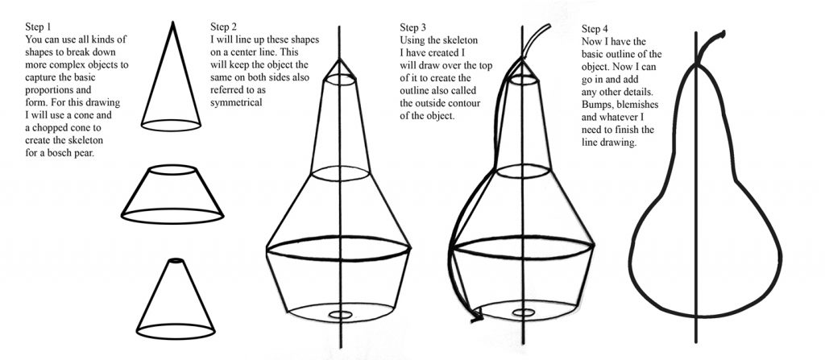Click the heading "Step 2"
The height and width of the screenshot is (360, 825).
coord(223,26)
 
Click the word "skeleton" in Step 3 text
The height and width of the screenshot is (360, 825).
coord(462,39)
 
